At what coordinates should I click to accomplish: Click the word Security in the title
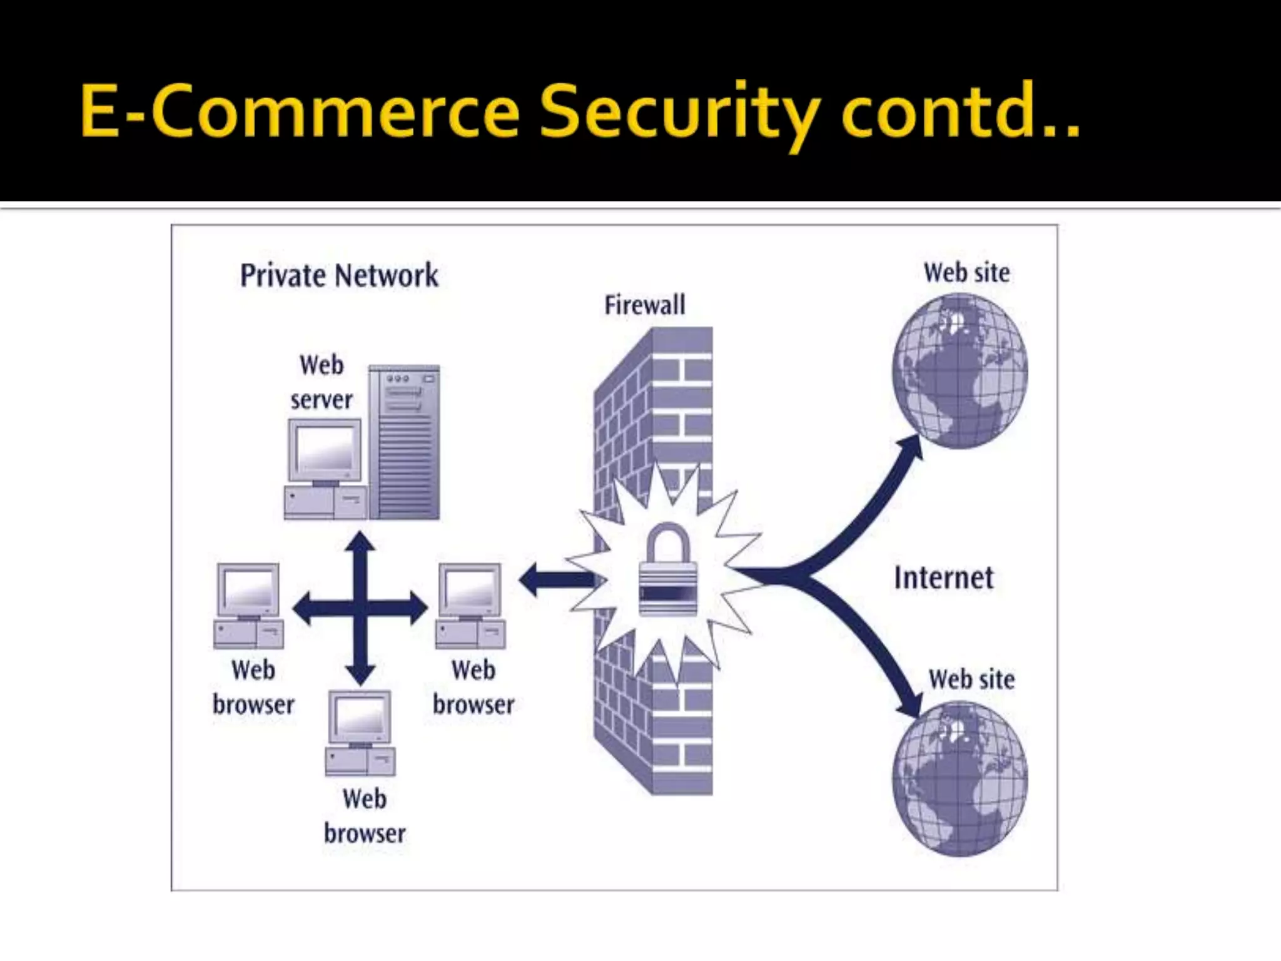click(679, 113)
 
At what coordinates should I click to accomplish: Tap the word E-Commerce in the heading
click(300, 113)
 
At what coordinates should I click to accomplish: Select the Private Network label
click(339, 276)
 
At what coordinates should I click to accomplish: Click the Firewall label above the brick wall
click(644, 305)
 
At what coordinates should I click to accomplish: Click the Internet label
click(943, 578)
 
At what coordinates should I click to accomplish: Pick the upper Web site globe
click(959, 371)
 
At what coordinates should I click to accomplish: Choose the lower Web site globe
click(959, 779)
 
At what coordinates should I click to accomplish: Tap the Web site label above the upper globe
click(966, 273)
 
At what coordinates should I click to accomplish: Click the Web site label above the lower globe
click(971, 679)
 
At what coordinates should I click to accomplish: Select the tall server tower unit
click(404, 442)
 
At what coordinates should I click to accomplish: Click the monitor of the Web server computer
click(325, 451)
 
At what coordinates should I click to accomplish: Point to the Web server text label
click(321, 382)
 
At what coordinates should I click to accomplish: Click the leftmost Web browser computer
click(248, 606)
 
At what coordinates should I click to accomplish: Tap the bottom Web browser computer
click(360, 733)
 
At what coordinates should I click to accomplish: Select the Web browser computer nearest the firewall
click(470, 606)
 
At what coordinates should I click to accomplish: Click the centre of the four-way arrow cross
click(360, 608)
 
